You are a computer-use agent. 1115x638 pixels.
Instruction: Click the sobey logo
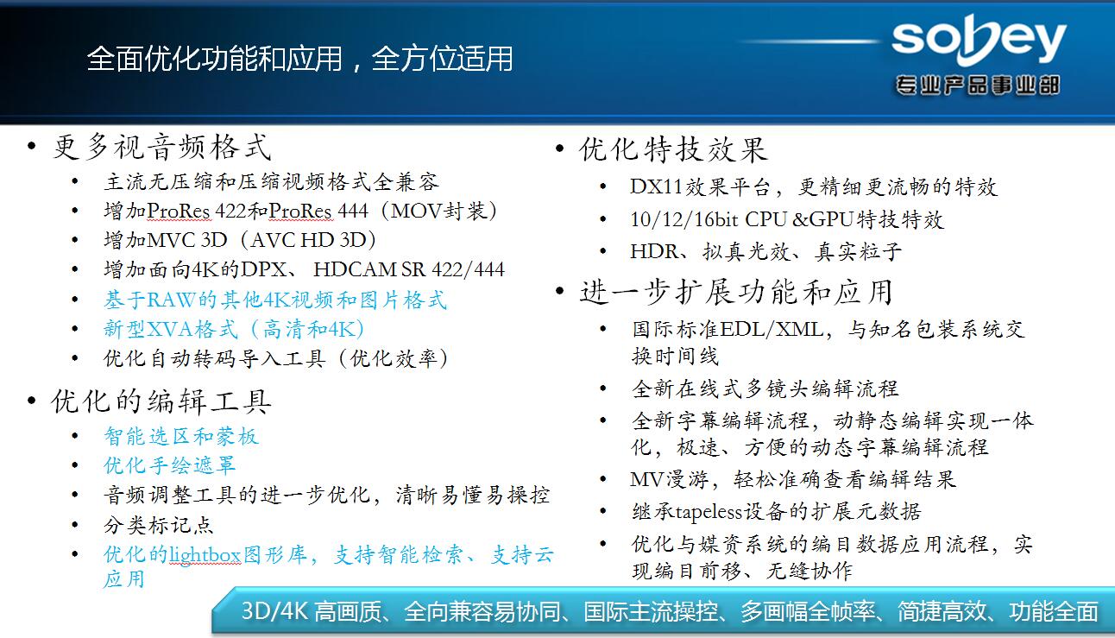[x=979, y=40]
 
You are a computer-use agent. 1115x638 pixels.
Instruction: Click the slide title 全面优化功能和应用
[x=215, y=59]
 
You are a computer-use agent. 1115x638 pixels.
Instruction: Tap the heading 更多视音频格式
[x=162, y=148]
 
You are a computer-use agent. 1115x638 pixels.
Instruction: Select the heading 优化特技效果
[x=673, y=149]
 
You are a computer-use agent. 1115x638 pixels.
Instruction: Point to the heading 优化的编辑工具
[x=161, y=401]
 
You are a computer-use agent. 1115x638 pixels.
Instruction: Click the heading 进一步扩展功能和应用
[x=736, y=292]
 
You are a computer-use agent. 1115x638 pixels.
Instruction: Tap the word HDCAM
[x=355, y=270]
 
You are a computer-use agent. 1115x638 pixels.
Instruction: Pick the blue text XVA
[x=170, y=329]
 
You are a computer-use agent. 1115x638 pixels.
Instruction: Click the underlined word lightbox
[x=205, y=555]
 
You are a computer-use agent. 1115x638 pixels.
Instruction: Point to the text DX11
[x=656, y=186]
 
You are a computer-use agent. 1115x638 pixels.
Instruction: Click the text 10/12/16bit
[x=684, y=219]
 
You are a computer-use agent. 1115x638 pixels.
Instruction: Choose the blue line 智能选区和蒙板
[x=181, y=437]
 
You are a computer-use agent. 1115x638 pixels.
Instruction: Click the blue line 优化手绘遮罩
[x=170, y=465]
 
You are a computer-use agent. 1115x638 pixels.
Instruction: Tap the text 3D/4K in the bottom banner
[x=274, y=611]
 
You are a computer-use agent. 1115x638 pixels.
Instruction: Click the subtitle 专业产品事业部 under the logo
[x=978, y=85]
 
